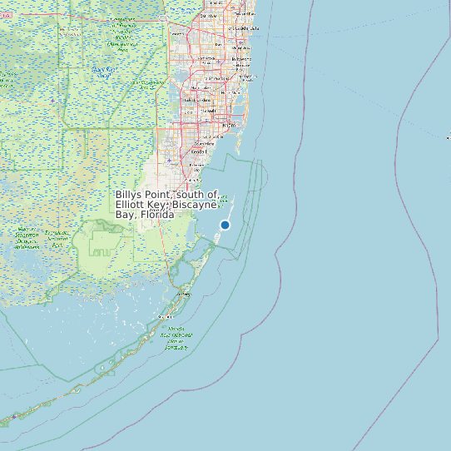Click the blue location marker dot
point(225,225)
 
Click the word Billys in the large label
point(131,194)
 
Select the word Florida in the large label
point(157,215)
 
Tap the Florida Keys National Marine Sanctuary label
point(176,337)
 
